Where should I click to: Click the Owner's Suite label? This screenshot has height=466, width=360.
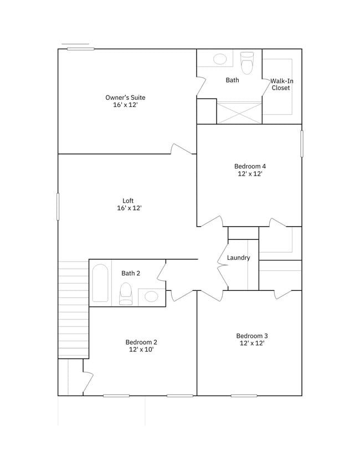(125, 101)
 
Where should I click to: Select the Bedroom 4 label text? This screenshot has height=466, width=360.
(250, 170)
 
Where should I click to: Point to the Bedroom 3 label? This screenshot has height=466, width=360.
(252, 339)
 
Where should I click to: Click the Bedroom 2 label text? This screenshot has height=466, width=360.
(141, 346)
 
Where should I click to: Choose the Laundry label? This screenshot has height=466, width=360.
(239, 258)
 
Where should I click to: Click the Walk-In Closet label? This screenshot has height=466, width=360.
(281, 84)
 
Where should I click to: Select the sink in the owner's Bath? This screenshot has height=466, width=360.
(219, 59)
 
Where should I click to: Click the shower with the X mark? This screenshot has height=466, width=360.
(239, 112)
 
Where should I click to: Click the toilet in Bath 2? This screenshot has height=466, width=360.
(126, 293)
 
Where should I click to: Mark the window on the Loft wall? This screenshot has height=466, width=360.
(58, 206)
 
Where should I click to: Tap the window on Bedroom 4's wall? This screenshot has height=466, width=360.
(302, 144)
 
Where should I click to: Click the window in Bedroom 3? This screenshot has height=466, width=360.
(244, 396)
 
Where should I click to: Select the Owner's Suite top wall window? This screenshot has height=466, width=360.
(80, 49)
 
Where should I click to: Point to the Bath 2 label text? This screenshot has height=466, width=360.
(131, 273)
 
